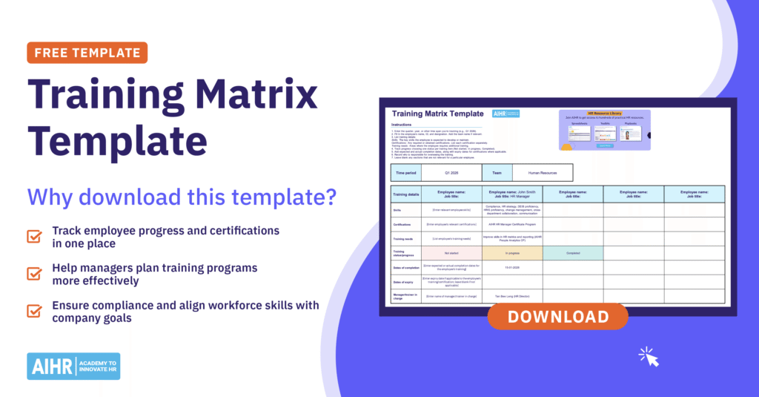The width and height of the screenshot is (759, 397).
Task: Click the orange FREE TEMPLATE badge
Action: pos(87,53)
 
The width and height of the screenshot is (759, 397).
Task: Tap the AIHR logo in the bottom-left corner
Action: pos(73,366)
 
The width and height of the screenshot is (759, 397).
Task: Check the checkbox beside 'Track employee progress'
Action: pos(35,237)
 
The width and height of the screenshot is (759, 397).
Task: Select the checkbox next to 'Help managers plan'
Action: pos(35,274)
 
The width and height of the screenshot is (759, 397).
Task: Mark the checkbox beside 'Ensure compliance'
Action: pos(35,311)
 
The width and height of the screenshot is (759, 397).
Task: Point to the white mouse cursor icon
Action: pos(649,358)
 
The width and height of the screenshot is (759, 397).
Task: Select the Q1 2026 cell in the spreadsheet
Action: pos(451,172)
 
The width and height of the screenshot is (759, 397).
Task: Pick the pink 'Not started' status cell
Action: pos(451,252)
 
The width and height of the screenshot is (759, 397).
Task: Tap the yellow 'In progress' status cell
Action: pos(512,252)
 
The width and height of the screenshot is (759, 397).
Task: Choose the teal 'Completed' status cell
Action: pos(572,252)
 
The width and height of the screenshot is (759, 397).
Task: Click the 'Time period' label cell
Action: pos(406,172)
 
